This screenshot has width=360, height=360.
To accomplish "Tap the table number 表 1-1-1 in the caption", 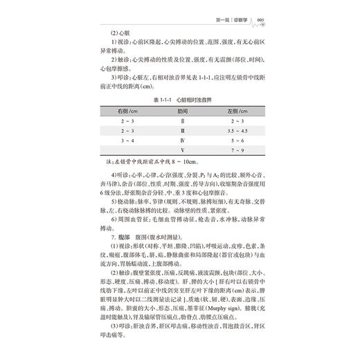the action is [154, 97].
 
